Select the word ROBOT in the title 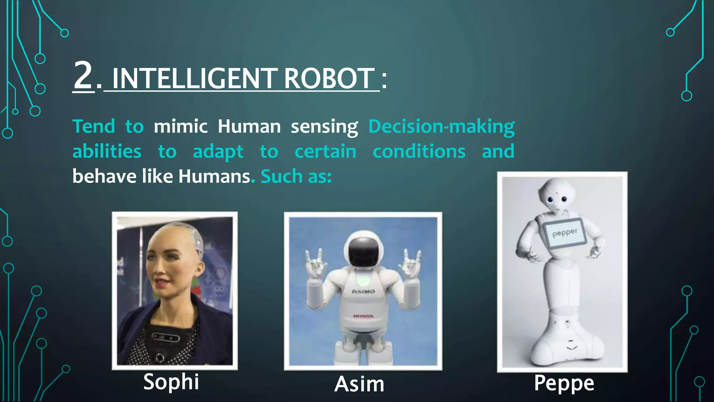click(329, 79)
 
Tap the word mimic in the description click(181, 126)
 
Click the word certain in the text click(325, 152)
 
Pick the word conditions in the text click(419, 152)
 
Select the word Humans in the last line click(214, 176)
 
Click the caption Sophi click(171, 382)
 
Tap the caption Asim click(359, 384)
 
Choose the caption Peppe click(564, 383)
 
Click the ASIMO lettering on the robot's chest click(363, 291)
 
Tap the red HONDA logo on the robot click(363, 316)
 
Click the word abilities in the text click(107, 152)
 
